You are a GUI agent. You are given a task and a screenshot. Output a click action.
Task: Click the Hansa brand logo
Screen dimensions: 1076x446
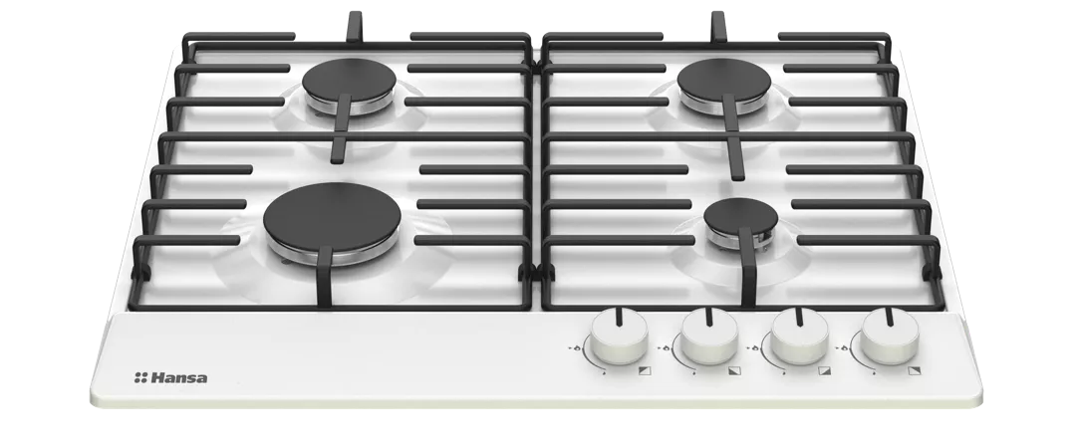click(x=171, y=377)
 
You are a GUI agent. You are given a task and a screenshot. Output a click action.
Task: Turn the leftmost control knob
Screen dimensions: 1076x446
click(x=619, y=336)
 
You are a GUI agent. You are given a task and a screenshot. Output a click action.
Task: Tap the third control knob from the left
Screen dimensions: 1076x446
click(x=799, y=336)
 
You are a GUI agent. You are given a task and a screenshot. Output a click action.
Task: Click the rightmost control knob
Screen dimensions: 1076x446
click(x=890, y=336)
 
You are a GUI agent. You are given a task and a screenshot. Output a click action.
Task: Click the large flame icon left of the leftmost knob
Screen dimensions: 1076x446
click(x=578, y=348)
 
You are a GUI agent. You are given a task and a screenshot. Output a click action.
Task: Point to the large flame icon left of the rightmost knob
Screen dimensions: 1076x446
click(x=845, y=348)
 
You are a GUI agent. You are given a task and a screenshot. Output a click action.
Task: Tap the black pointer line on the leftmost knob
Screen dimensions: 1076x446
click(x=620, y=317)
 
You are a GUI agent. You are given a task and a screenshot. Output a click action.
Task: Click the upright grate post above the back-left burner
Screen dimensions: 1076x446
click(x=354, y=26)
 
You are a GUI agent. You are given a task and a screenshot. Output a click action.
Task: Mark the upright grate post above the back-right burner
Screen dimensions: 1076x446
click(x=717, y=26)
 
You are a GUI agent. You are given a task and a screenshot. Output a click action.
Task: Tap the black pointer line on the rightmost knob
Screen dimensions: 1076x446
click(x=890, y=317)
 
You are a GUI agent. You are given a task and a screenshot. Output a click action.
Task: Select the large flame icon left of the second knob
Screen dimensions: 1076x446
click(x=667, y=348)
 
